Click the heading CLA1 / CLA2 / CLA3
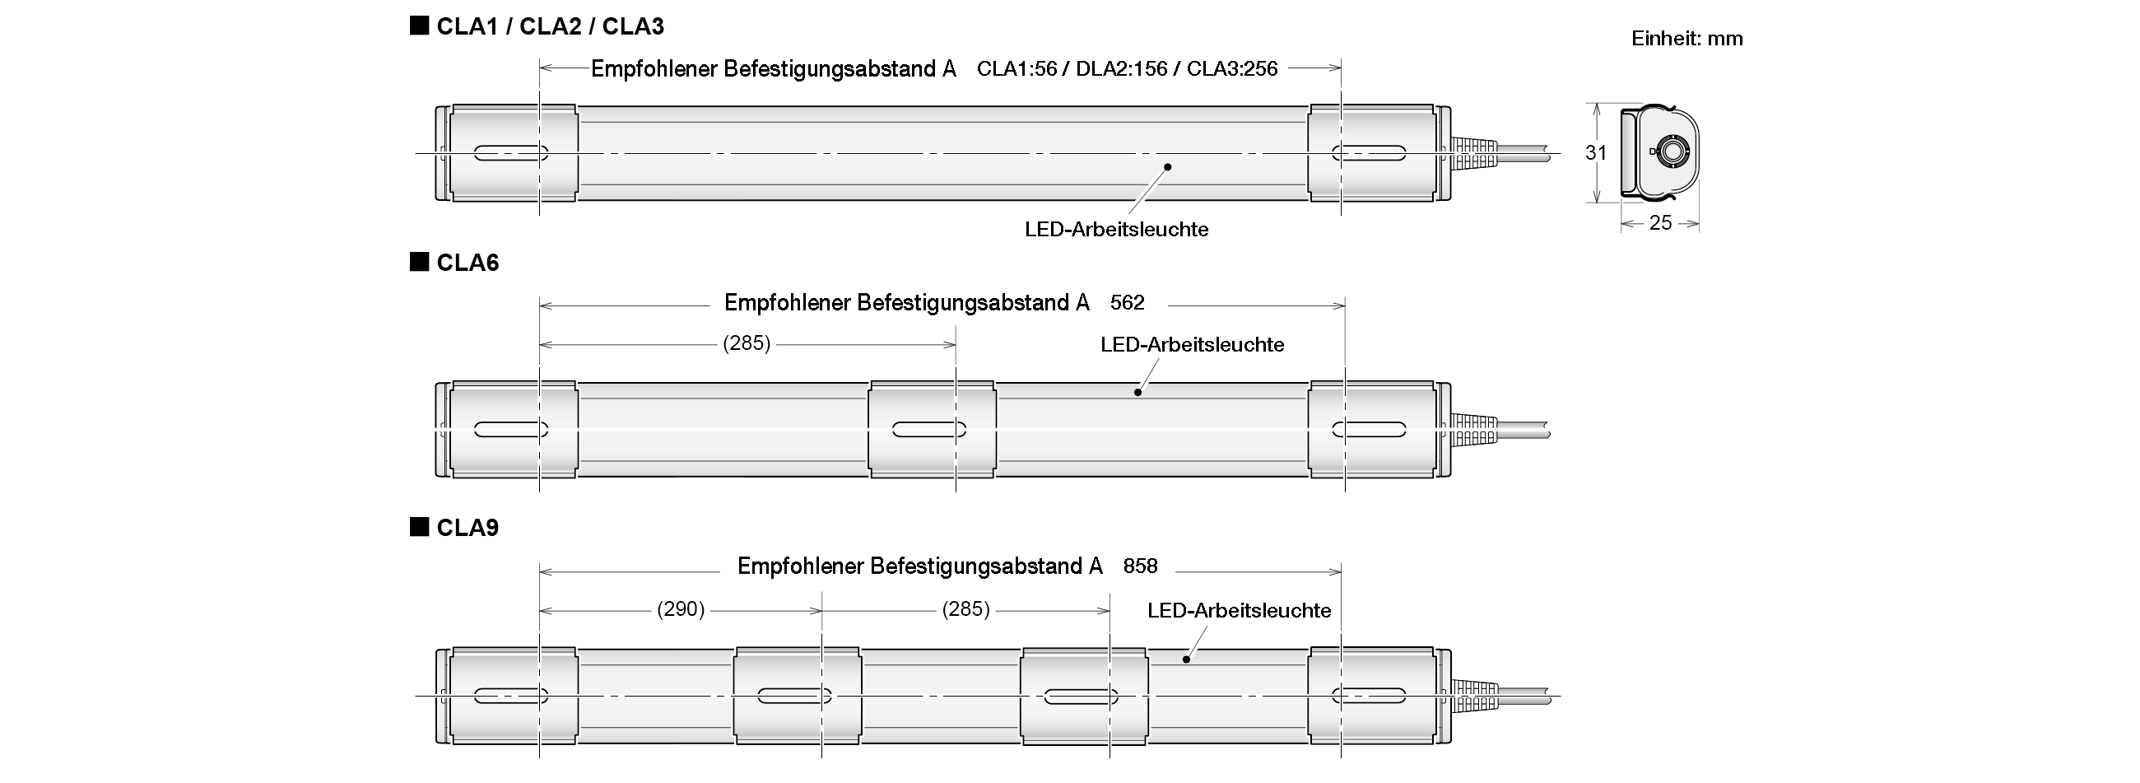click(549, 26)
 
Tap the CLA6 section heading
click(467, 263)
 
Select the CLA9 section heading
click(467, 528)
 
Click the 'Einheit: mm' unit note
click(1686, 39)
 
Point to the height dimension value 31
click(1596, 153)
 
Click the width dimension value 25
click(1660, 223)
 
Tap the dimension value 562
click(1128, 302)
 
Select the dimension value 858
click(1140, 566)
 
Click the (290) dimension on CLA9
click(681, 609)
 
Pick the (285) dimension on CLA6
click(747, 343)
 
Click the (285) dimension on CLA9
click(965, 609)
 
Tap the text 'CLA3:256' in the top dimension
click(1232, 69)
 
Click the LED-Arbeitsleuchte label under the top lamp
click(1117, 230)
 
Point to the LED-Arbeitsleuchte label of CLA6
click(1192, 344)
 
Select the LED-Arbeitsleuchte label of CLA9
click(1239, 611)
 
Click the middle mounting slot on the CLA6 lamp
click(928, 430)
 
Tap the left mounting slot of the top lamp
click(511, 153)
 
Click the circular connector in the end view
click(1670, 152)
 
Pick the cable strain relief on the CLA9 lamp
click(1475, 696)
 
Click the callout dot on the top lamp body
click(1167, 167)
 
